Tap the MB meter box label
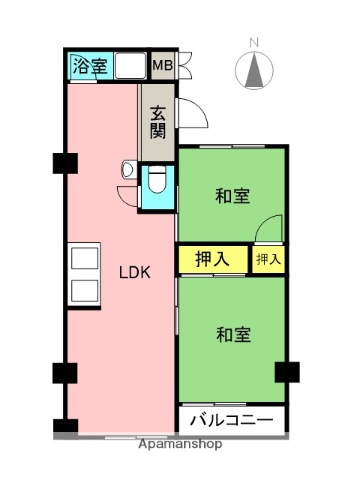(x=162, y=67)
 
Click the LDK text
(x=135, y=272)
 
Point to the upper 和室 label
(x=232, y=196)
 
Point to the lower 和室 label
(x=232, y=335)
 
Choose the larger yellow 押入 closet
(x=213, y=259)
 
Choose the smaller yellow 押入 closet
(x=268, y=259)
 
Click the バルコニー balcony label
(x=232, y=418)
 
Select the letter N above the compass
(x=254, y=42)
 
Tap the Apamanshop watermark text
(x=181, y=443)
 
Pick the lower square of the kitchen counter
(x=84, y=292)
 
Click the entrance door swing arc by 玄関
(x=196, y=116)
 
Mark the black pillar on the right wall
(x=287, y=371)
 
